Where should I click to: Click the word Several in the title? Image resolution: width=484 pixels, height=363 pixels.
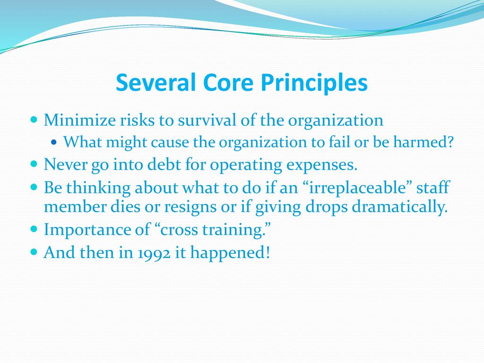click(156, 82)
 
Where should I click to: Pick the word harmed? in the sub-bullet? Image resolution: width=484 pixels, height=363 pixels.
click(423, 142)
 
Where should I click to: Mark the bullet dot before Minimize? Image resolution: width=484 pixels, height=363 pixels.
click(34, 119)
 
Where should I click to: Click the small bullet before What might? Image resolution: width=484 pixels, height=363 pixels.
click(54, 142)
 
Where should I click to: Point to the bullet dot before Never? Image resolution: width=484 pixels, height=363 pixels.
click(34, 164)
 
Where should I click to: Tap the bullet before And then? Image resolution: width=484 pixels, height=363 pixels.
click(34, 252)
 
